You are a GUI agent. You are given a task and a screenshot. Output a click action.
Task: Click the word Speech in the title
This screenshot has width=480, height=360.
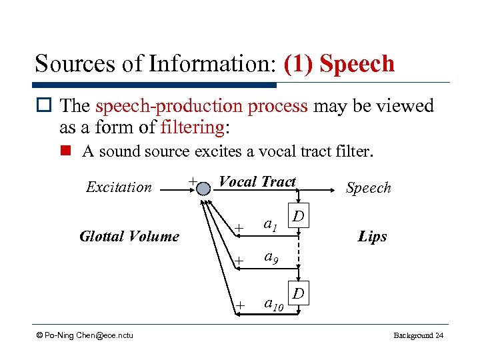(357, 64)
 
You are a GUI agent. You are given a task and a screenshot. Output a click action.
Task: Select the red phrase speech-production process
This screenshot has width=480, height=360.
(201, 106)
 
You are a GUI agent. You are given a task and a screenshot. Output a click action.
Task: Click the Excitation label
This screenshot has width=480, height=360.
(119, 187)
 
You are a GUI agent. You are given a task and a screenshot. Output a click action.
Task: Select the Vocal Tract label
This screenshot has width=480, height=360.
(257, 182)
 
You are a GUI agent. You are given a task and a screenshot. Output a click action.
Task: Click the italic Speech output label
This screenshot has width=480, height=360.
(368, 188)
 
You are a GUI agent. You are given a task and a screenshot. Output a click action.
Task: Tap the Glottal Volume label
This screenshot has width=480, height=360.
(129, 236)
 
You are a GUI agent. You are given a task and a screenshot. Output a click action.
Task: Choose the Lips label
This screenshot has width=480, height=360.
(372, 236)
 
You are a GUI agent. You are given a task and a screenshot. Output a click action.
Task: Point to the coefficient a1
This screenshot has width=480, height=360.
(270, 226)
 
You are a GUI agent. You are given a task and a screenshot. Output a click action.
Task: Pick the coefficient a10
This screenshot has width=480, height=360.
(273, 304)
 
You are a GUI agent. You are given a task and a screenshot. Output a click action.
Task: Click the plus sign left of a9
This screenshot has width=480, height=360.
(239, 259)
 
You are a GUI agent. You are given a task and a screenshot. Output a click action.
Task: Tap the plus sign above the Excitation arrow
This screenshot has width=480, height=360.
(192, 181)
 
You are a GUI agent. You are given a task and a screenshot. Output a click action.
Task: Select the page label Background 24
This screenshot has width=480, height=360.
(418, 335)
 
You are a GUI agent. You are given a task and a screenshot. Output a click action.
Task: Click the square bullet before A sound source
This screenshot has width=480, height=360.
(67, 152)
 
